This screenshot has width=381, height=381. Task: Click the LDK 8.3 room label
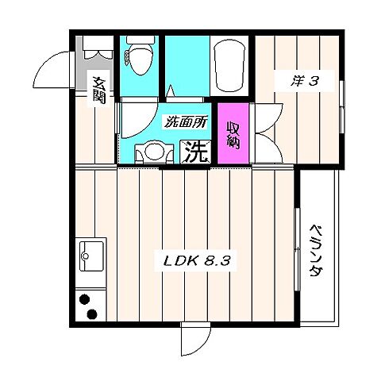197,261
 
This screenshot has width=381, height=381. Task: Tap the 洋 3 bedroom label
303,81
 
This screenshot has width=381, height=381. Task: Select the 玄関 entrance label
99,90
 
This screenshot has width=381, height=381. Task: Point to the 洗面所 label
186,122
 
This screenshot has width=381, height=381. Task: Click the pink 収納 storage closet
233,133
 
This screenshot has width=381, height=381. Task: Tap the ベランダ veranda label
317,251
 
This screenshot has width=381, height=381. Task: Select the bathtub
229,65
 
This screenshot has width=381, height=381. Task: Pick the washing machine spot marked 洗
196,152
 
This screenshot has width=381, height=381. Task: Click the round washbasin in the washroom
154,150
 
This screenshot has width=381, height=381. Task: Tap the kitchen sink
91,256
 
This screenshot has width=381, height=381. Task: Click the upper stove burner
84,300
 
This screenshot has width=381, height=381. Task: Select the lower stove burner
92,314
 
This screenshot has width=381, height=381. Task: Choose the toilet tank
140,40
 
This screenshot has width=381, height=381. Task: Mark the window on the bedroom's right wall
342,106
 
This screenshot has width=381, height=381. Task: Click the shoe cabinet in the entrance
98,47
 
